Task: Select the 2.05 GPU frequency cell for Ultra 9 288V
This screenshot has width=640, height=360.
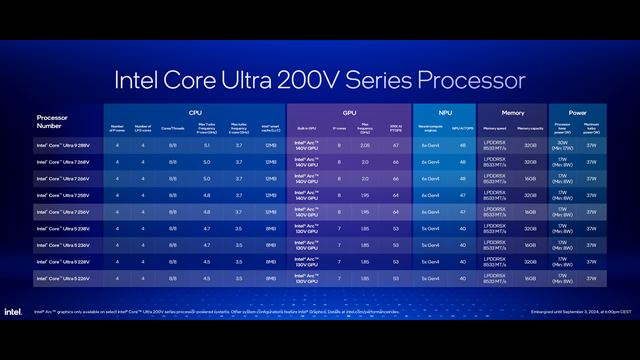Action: pyautogui.click(x=367, y=145)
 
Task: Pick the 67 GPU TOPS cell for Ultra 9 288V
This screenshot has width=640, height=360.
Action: pyautogui.click(x=396, y=145)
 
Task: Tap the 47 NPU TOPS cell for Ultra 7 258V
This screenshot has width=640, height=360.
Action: pyautogui.click(x=462, y=194)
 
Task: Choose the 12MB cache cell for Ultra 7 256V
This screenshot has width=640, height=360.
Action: pyautogui.click(x=271, y=211)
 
